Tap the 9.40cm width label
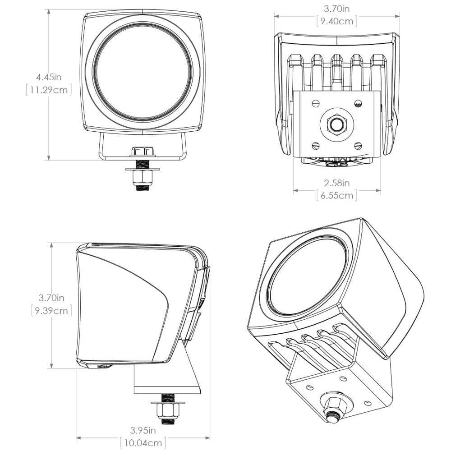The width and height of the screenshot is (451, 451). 337,21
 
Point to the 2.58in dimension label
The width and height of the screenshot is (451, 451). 337,183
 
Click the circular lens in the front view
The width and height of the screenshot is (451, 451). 143,73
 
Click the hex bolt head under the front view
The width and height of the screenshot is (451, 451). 142,152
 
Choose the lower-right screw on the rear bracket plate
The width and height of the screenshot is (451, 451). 358,145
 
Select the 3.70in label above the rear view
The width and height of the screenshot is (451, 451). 337,8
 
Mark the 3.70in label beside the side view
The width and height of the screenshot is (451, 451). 51,298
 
